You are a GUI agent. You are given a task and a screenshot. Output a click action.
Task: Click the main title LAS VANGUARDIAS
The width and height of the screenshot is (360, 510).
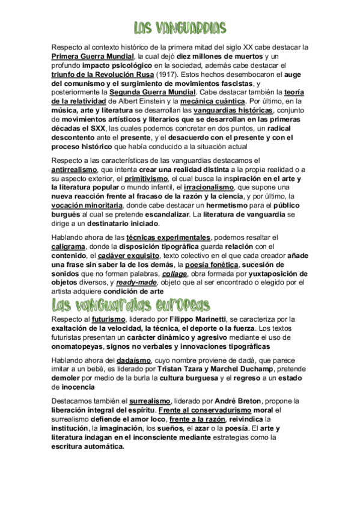tap(180, 28)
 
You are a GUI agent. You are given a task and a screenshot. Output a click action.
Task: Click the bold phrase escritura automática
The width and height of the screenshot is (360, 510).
tap(88, 447)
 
